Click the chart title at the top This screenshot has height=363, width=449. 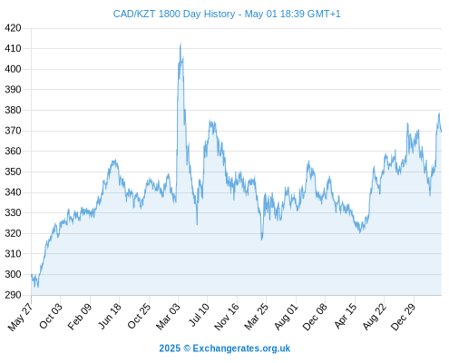[227, 14]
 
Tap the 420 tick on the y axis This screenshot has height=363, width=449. [13, 28]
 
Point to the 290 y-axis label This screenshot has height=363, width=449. [13, 295]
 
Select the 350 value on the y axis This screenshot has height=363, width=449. [13, 172]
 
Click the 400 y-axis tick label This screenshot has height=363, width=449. [13, 69]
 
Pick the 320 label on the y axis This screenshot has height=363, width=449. [13, 233]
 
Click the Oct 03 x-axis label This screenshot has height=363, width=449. [51, 316]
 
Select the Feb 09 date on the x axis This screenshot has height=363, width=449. [80, 316]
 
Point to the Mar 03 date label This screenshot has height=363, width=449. [168, 316]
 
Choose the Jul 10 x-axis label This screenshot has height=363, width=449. [200, 314]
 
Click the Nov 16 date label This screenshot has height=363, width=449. [227, 317]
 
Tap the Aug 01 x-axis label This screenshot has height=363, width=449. [286, 316]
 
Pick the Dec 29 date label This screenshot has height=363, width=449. [404, 317]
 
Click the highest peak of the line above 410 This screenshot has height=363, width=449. [181, 43]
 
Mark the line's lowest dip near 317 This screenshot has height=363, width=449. [262, 240]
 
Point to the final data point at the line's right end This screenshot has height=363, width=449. [442, 132]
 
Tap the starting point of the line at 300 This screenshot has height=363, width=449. [32, 275]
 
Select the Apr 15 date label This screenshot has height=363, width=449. [346, 316]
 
